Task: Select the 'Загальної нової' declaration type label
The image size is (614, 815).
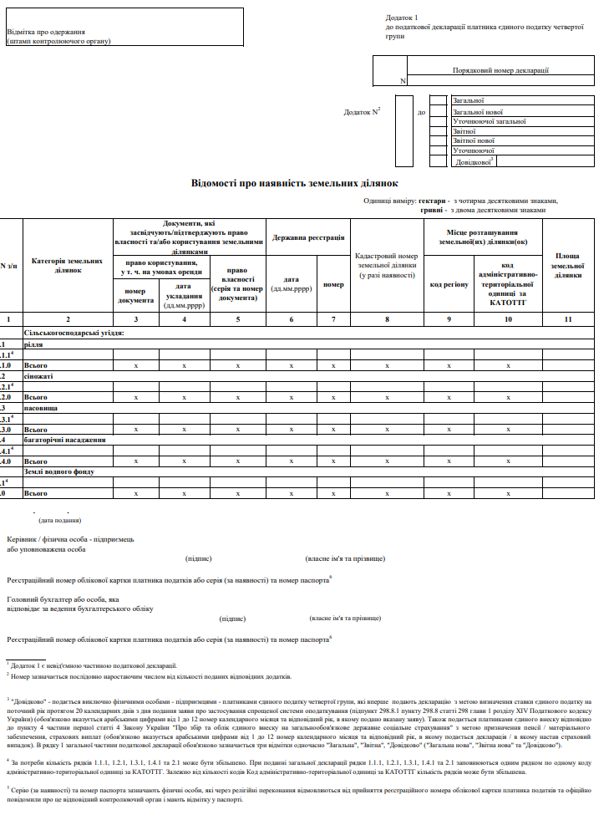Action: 478,111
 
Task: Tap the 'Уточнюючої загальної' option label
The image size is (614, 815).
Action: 489,121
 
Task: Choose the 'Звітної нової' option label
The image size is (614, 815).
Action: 474,141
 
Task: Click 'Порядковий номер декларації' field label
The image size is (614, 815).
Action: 500,71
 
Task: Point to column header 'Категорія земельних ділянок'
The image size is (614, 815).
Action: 68,266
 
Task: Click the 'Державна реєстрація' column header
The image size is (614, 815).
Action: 307,238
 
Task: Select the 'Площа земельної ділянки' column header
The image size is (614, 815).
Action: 568,265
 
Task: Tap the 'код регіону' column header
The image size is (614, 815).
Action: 449,284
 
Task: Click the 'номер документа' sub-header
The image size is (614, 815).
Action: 134,295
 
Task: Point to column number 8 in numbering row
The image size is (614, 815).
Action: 387,319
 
